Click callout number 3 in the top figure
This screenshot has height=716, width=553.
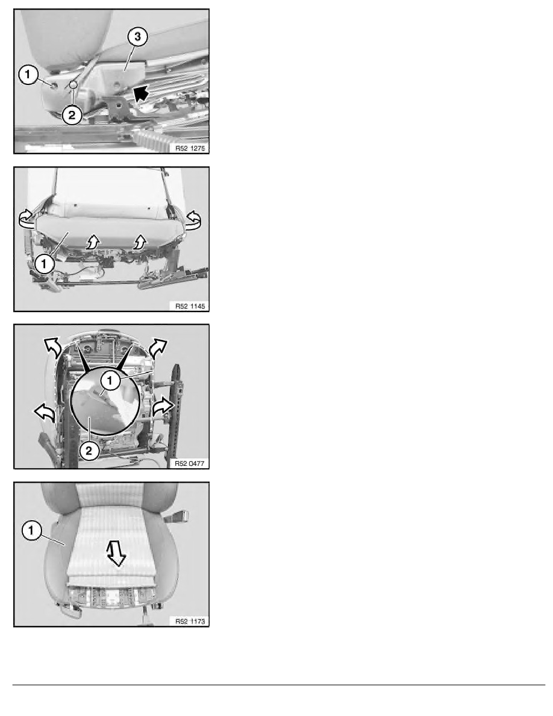pos(137,37)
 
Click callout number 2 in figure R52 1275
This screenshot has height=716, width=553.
pos(72,115)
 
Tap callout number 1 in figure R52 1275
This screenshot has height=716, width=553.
pos(28,74)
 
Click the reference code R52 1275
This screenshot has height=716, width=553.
pos(190,148)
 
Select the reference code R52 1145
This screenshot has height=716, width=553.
pos(190,306)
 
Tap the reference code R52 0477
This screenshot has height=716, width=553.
pos(190,463)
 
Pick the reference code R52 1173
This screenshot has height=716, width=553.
pos(190,621)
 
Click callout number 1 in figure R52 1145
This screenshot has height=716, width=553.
pos(44,264)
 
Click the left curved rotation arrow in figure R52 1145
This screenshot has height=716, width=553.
pos(27,219)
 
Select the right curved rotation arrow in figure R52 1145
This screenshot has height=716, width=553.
pos(193,219)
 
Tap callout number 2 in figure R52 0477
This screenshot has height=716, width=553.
pos(89,451)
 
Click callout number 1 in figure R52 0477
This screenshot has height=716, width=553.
pos(110,380)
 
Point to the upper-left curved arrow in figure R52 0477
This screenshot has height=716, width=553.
pos(52,348)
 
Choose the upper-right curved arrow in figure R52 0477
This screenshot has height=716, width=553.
pos(158,348)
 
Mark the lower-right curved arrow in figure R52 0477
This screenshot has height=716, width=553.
pos(163,406)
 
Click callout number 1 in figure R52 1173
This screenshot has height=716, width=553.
pos(31,530)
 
